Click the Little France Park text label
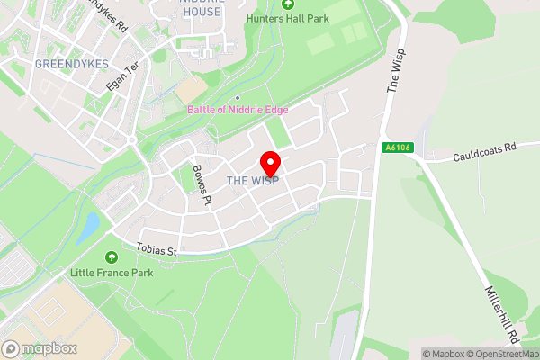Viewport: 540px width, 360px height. click(112, 271)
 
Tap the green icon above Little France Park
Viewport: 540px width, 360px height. click(112, 257)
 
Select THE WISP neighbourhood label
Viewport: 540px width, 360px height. click(253, 181)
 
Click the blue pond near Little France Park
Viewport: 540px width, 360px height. click(88, 228)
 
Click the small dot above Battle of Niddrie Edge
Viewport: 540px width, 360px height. click(237, 98)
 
